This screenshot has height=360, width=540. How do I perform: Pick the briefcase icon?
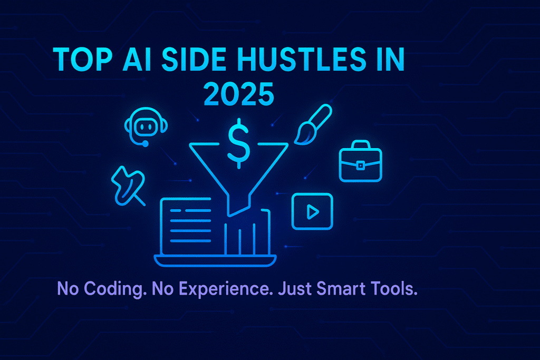[x=360, y=164]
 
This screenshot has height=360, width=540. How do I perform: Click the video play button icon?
[x=312, y=211]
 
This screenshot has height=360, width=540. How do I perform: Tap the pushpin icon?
[x=127, y=183]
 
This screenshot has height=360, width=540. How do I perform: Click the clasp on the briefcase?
[x=360, y=166]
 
